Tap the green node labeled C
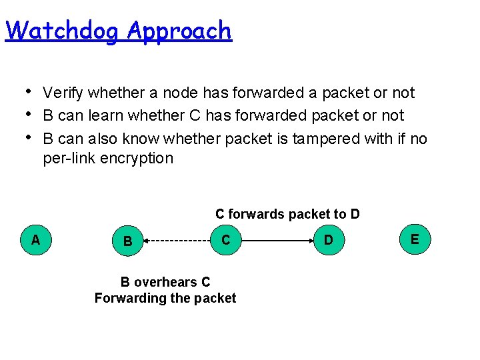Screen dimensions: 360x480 (x=226, y=239)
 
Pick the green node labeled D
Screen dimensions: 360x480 (x=328, y=239)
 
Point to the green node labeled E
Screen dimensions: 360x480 (x=415, y=239)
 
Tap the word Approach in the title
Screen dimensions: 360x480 (x=179, y=31)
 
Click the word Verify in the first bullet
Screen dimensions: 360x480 (x=63, y=93)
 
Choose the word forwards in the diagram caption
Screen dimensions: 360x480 (x=258, y=214)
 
